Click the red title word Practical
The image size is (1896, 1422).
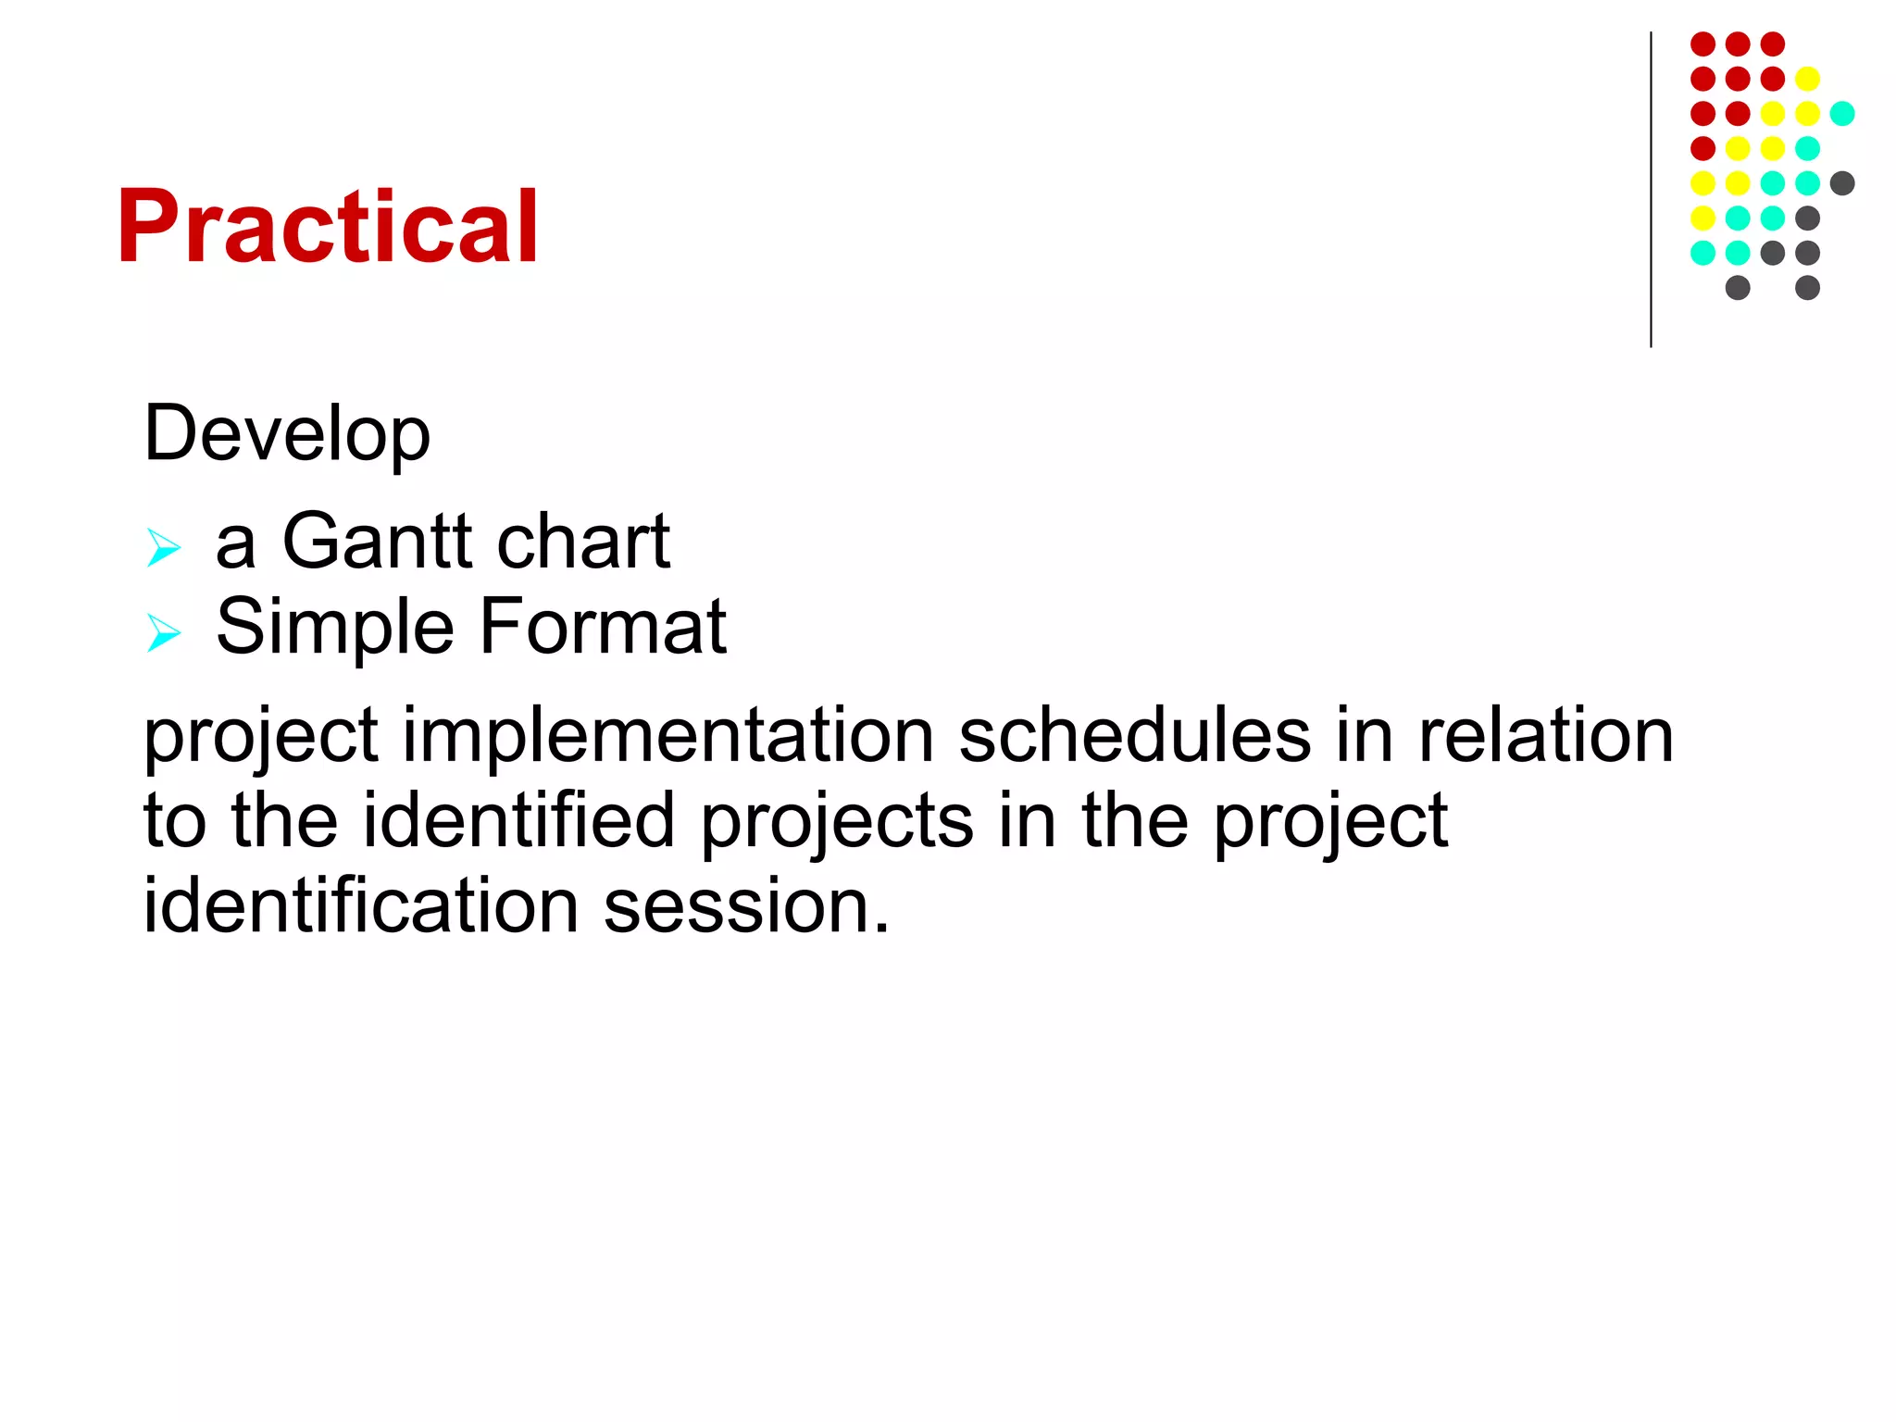[x=327, y=227]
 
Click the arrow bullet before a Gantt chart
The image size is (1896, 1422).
[x=164, y=547]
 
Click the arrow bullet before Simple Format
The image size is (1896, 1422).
[x=164, y=633]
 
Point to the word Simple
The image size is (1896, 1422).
[x=334, y=628]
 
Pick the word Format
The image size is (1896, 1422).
[x=603, y=627]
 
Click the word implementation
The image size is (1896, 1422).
[x=667, y=736]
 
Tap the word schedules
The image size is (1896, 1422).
[x=1134, y=736]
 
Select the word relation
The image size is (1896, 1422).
[x=1545, y=736]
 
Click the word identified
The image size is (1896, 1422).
[x=518, y=821]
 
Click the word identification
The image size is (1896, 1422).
[x=361, y=905]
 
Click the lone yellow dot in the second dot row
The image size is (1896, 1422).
[x=1807, y=79]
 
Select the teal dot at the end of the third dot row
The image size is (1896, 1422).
[x=1842, y=114]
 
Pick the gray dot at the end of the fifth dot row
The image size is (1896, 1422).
[x=1842, y=183]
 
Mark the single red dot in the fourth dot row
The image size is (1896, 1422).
[x=1703, y=148]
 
